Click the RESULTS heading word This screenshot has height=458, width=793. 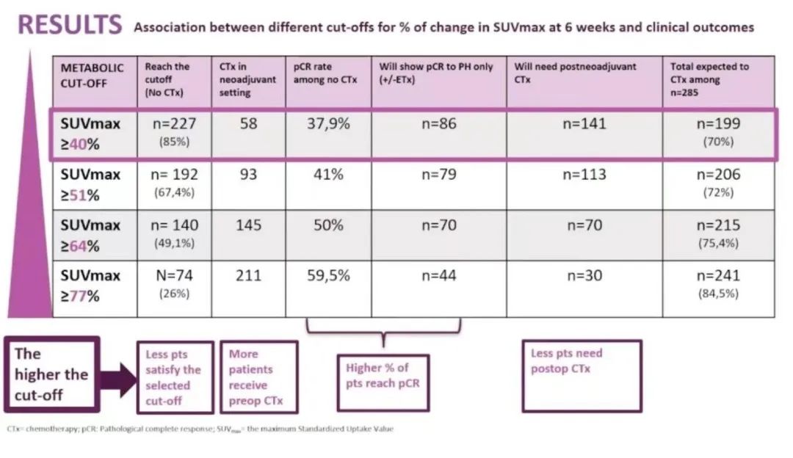[x=70, y=26]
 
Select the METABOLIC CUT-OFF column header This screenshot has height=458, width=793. [x=93, y=75]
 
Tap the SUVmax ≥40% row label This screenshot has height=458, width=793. [x=90, y=134]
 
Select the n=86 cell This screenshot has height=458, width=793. [x=438, y=124]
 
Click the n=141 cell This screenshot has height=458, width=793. [x=584, y=124]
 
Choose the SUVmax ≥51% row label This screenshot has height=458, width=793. [x=90, y=183]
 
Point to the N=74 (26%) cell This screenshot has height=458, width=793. [x=173, y=283]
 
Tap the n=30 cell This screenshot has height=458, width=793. [x=584, y=276]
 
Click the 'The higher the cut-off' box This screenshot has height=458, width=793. [x=51, y=374]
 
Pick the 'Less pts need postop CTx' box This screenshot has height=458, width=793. [x=581, y=375]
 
